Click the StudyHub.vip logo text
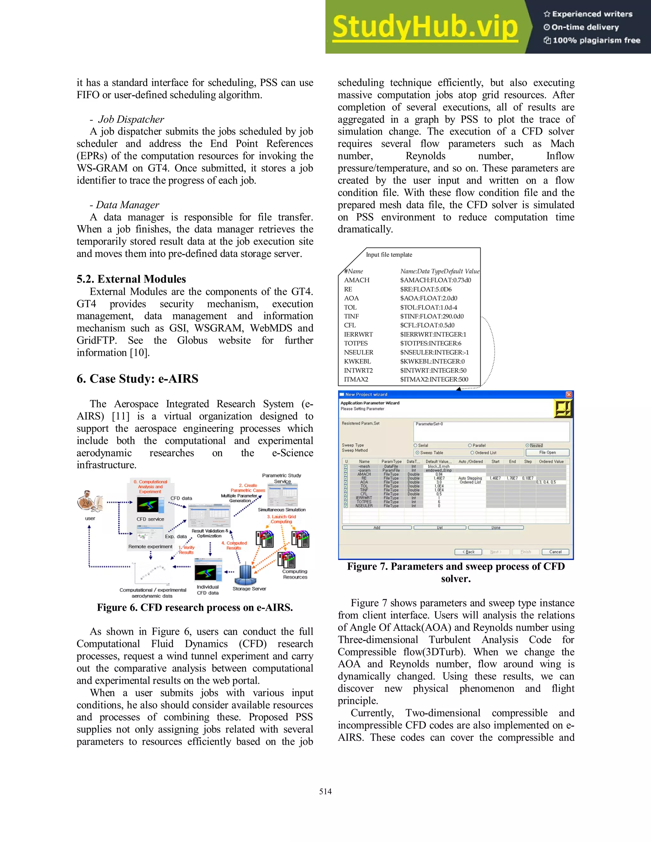click(x=425, y=27)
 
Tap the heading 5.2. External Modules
click(x=131, y=279)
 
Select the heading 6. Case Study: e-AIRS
click(x=137, y=379)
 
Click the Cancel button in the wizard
click(x=555, y=552)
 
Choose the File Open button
click(x=547, y=452)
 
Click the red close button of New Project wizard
click(x=569, y=394)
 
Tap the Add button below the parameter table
click(x=376, y=527)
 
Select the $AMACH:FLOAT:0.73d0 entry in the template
click(x=435, y=280)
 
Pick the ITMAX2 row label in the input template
click(x=356, y=379)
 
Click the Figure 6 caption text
click(x=195, y=608)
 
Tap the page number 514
click(x=325, y=791)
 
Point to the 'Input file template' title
click(x=389, y=255)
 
